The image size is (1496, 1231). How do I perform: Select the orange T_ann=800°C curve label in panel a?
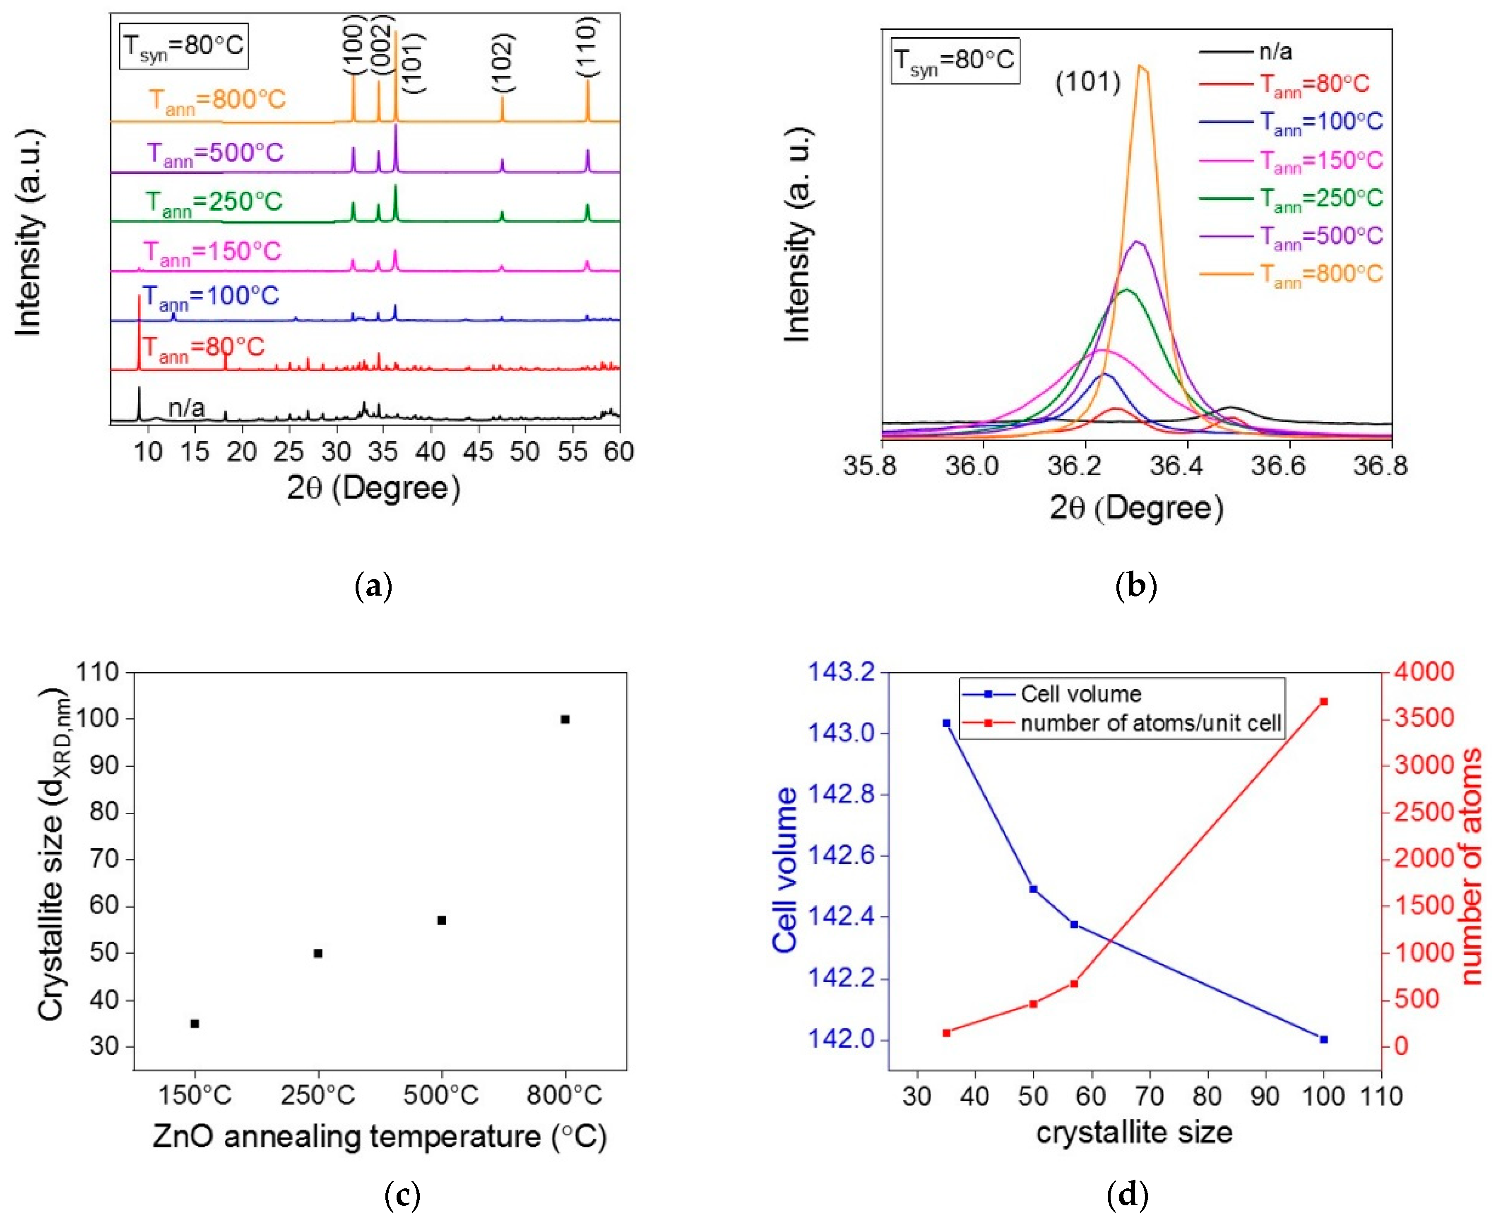217,100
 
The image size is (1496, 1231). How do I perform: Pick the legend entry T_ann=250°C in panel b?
1320,199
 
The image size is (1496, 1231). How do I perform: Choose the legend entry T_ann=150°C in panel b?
1320,161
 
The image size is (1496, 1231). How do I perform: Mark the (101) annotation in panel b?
1087,82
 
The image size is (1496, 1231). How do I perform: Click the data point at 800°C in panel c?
565,719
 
